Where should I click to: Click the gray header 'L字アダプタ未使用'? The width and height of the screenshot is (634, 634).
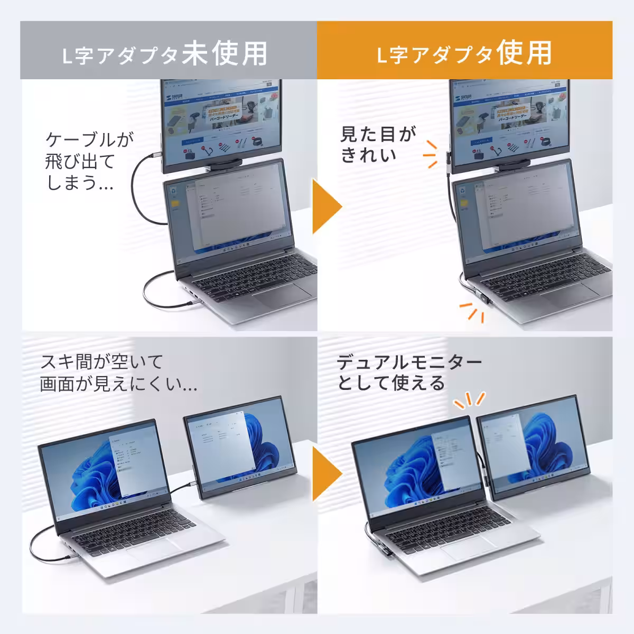pos(168,53)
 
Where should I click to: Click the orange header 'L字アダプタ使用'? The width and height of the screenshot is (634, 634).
pos(464,53)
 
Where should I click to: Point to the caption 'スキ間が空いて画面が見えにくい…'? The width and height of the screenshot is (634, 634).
pos(119,373)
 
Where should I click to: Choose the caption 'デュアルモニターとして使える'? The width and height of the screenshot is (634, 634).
pos(409,373)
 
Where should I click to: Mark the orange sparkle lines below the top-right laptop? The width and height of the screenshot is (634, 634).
pos(472,312)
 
